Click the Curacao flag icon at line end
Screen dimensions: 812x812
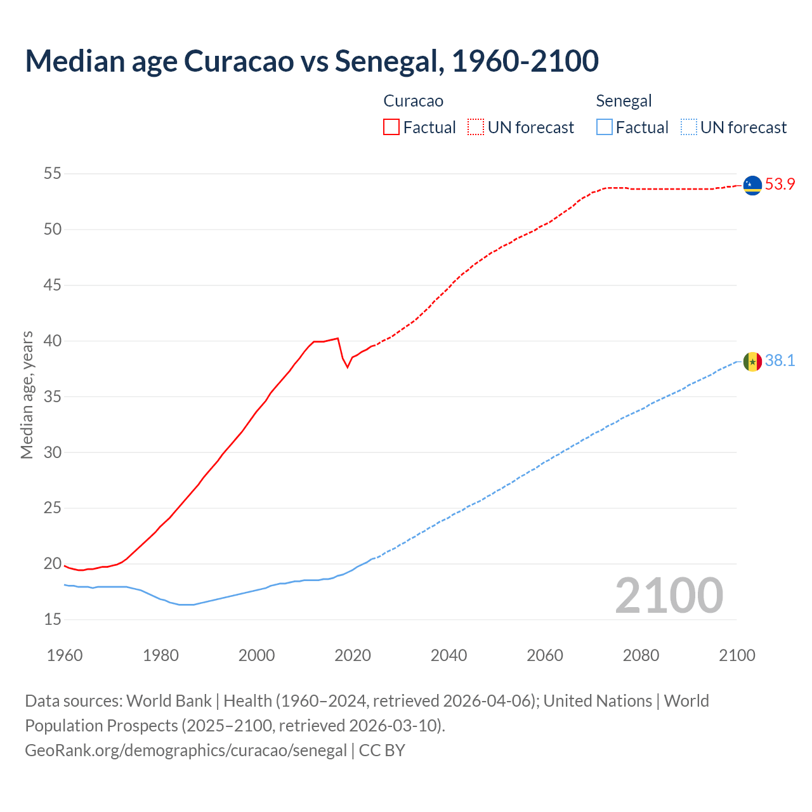pyautogui.click(x=752, y=185)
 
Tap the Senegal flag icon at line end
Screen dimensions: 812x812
pyautogui.click(x=752, y=362)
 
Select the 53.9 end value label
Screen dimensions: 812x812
pyautogui.click(x=780, y=185)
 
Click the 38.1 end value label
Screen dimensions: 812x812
pyautogui.click(x=780, y=361)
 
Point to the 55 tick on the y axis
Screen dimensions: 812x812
pyautogui.click(x=53, y=173)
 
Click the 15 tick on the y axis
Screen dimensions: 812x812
pyautogui.click(x=53, y=619)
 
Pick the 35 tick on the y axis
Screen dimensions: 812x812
pyautogui.click(x=53, y=396)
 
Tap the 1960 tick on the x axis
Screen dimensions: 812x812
pyautogui.click(x=65, y=655)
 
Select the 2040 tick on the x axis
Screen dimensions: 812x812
pyautogui.click(x=449, y=655)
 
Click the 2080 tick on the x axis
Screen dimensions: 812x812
pyautogui.click(x=641, y=655)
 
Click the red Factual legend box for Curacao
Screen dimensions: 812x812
pyautogui.click(x=391, y=128)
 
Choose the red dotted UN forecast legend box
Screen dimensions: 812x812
pyautogui.click(x=476, y=128)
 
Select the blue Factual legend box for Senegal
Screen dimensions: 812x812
pyautogui.click(x=605, y=128)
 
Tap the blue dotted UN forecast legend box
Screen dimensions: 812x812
pyautogui.click(x=689, y=128)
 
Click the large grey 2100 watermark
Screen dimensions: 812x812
pyautogui.click(x=669, y=596)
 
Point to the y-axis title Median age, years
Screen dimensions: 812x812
pyautogui.click(x=27, y=395)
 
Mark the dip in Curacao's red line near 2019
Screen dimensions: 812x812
pyautogui.click(x=347, y=367)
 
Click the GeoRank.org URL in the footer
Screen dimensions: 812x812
pyautogui.click(x=186, y=750)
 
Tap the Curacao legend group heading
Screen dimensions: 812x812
pyautogui.click(x=413, y=101)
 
